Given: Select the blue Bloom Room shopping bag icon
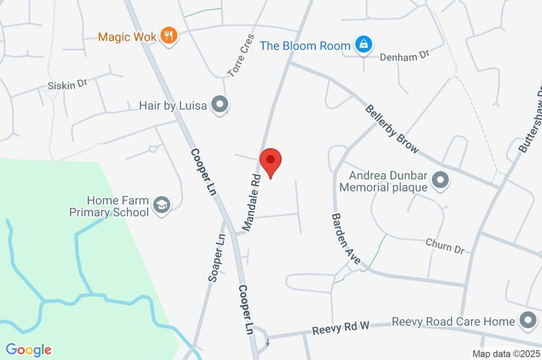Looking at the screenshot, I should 364,45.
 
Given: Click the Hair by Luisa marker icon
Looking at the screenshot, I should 219,105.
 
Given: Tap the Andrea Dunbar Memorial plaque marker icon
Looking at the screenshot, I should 440,180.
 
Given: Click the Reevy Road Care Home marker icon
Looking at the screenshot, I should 527,320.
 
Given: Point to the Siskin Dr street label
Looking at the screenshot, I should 67,85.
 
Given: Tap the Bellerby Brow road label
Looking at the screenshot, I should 392,129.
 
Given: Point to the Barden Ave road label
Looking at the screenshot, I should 346,239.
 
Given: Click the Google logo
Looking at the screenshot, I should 29,350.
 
